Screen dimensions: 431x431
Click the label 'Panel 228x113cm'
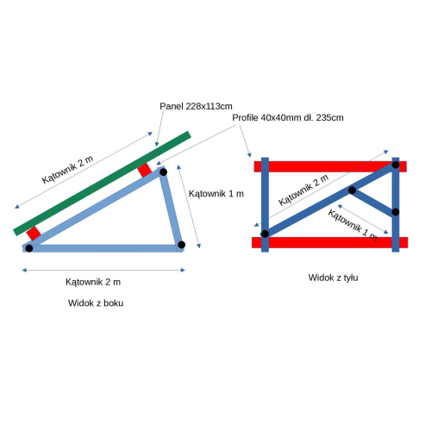(196, 106)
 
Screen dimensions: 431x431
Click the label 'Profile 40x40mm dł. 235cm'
(288, 118)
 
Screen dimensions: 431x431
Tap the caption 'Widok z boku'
(96, 303)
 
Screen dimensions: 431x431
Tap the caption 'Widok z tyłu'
(334, 278)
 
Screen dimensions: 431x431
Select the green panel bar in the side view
(103, 184)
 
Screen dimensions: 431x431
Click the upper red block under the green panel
(144, 171)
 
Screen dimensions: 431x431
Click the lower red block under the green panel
(34, 234)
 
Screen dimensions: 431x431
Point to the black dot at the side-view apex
(163, 172)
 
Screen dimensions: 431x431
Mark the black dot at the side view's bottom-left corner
(29, 248)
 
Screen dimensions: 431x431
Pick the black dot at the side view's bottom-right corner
(181, 245)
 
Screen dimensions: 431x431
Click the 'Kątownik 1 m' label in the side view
(216, 194)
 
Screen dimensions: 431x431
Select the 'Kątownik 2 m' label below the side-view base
(93, 282)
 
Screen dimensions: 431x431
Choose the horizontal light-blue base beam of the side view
(103, 248)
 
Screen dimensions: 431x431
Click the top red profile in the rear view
(330, 166)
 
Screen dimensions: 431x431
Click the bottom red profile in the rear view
(330, 242)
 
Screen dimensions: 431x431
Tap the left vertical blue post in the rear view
(265, 204)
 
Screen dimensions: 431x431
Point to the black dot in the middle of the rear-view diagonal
(352, 191)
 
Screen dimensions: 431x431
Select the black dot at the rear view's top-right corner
(396, 165)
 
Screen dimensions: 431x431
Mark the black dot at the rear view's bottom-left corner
(265, 234)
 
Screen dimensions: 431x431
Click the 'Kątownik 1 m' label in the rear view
(353, 225)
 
